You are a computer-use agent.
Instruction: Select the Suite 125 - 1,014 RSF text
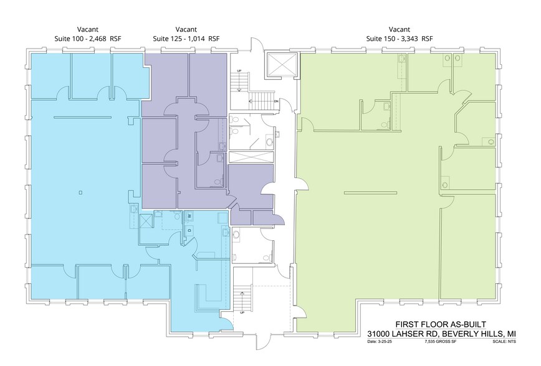click(186, 39)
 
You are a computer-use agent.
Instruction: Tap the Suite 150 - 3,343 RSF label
click(399, 39)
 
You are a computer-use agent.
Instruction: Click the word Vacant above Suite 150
click(399, 29)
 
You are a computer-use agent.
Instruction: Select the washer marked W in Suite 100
click(189, 215)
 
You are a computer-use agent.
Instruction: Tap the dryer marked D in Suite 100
click(189, 229)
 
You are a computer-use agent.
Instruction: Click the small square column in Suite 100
click(81, 192)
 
